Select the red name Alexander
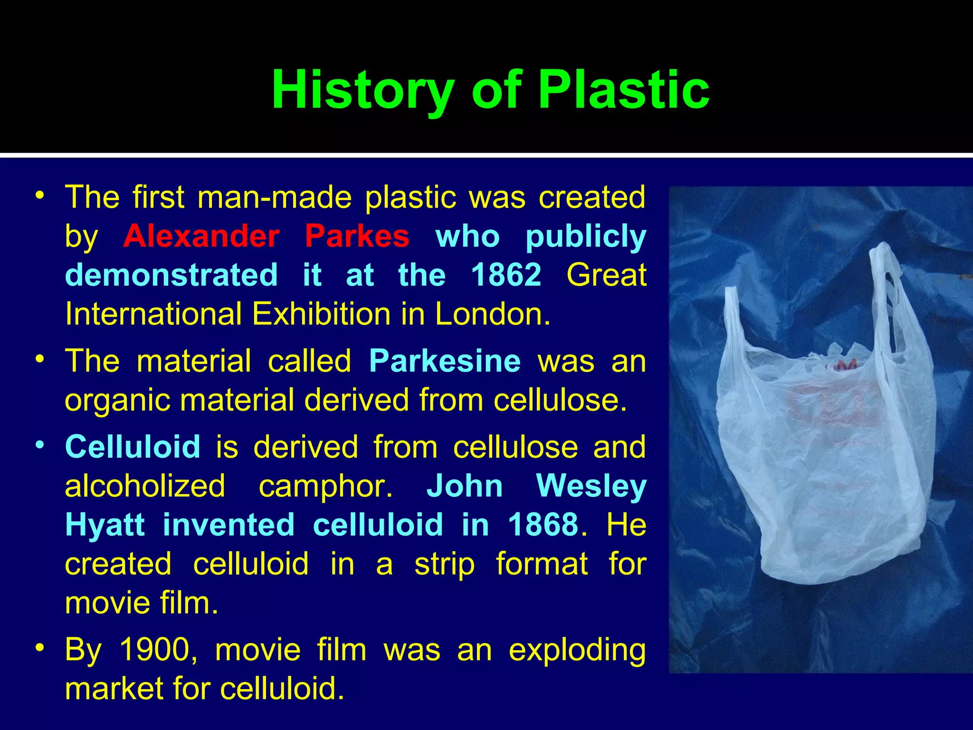point(201,236)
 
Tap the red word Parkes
point(357,236)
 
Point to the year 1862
point(506,275)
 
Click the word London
point(492,314)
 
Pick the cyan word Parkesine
point(445,361)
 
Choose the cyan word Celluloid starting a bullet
point(133,447)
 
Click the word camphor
point(325,486)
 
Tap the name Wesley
point(591,486)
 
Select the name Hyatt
point(105,525)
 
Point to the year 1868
point(543,525)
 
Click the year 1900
point(155,650)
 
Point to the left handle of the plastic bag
point(734,323)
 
